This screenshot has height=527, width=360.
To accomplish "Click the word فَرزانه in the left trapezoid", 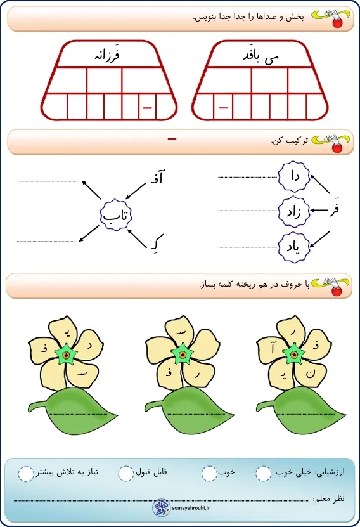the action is point(107,55).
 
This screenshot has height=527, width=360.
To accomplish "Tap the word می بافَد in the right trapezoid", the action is point(261,56).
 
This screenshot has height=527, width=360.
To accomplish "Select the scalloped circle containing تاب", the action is point(116,215).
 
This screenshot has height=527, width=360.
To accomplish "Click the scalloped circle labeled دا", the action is point(294,176).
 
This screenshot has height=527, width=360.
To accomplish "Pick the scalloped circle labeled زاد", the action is point(294,211).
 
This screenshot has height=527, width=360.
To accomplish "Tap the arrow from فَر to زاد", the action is point(319,211).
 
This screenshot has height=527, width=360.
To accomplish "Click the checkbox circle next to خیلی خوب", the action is point(263,474).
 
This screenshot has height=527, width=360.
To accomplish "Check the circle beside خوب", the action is point(209,474).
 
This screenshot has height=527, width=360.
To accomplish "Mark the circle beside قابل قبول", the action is point(126,474).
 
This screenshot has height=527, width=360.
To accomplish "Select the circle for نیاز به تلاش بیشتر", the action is point(26,474).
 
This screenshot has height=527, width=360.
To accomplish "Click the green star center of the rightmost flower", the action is point(294,355).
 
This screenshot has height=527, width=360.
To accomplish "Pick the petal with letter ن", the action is point(310,372).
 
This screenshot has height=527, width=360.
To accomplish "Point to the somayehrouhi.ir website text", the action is point(191,508).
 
